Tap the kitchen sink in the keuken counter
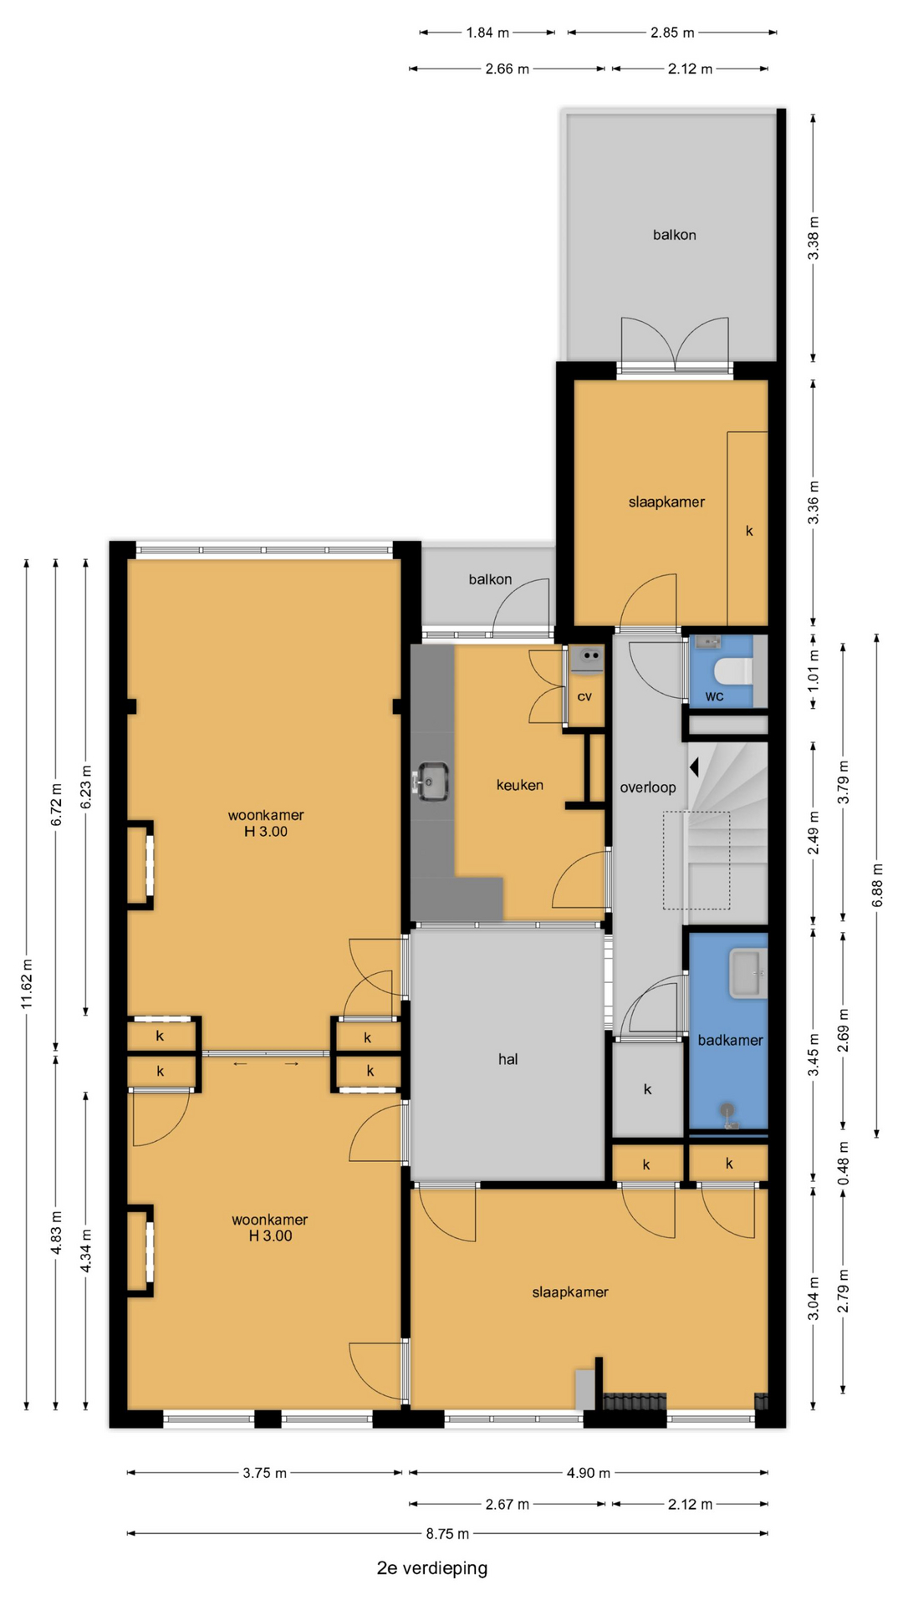(x=431, y=782)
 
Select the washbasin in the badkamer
(x=747, y=973)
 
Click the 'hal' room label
(x=508, y=1059)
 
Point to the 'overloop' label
(x=648, y=787)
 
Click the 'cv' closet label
(x=584, y=696)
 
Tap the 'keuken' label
(x=520, y=785)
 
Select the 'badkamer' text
(x=730, y=1040)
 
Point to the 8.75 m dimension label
(x=447, y=1533)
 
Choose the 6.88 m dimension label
(x=877, y=884)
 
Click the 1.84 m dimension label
(x=487, y=33)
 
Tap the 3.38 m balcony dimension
(x=814, y=238)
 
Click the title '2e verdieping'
(x=432, y=1567)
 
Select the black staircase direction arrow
(x=694, y=767)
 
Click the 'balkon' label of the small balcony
(x=490, y=579)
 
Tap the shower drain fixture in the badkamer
(x=731, y=1117)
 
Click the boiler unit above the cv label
(x=590, y=657)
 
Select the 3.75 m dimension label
(x=265, y=1472)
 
